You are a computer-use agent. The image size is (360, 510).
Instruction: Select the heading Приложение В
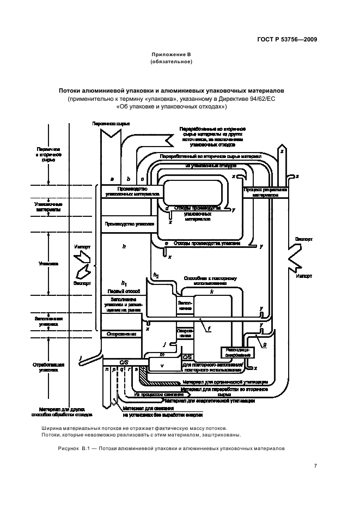coord(171,54)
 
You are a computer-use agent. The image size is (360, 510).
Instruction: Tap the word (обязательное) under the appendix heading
coord(171,62)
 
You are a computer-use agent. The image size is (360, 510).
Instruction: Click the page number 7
coord(315,465)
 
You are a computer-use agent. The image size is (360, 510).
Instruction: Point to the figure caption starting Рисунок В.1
coord(171,448)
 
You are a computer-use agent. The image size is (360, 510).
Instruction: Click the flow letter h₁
coord(125,283)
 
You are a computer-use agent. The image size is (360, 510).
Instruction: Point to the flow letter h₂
coord(156,274)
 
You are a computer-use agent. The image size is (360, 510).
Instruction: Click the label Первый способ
coord(117,290)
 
